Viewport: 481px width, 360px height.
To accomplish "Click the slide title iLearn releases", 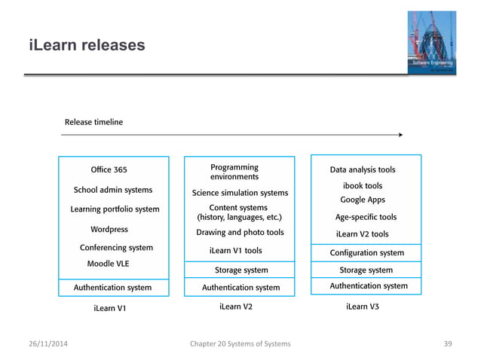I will click(87, 46).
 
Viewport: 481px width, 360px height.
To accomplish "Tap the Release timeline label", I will click(93, 122).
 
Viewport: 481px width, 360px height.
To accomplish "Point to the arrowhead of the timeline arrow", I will click(400, 135).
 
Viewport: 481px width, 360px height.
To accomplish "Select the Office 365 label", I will click(109, 169).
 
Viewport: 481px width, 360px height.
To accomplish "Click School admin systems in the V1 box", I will click(112, 190).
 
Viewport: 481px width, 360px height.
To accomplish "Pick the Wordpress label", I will click(109, 229).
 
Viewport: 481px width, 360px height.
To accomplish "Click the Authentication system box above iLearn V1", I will click(112, 287).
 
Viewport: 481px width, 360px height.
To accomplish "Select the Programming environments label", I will click(234, 172).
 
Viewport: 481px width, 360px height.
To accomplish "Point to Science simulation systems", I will click(240, 193).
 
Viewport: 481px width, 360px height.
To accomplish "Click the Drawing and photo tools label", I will click(240, 233).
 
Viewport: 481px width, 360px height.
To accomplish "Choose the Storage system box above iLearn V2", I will click(241, 270).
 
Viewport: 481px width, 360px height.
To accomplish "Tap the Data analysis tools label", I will click(363, 169).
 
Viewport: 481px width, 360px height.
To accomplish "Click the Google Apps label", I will click(363, 200).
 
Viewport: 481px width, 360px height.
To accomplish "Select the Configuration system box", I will click(367, 253).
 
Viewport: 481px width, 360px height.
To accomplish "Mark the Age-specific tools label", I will click(366, 217).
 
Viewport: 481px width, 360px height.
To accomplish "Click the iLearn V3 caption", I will click(363, 307).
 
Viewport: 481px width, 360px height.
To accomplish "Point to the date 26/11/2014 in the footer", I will click(51, 344).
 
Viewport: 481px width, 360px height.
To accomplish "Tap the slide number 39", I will click(447, 344).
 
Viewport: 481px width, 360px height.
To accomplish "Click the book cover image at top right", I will click(429, 43).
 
